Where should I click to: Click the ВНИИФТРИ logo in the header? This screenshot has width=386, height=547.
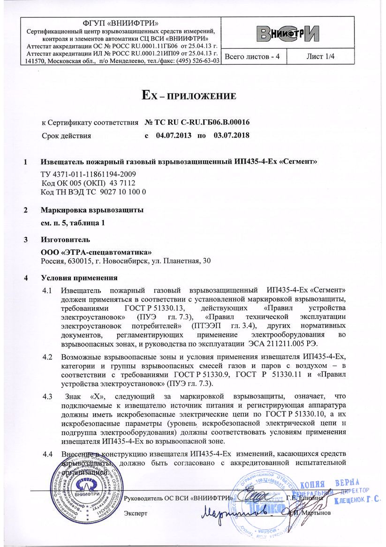[288, 33]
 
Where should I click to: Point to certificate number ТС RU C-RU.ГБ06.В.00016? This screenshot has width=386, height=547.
[197, 123]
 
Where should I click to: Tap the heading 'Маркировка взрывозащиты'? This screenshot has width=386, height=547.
[92, 209]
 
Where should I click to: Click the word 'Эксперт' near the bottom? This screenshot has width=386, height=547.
[136, 513]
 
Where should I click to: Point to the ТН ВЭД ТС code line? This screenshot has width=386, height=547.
[94, 192]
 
